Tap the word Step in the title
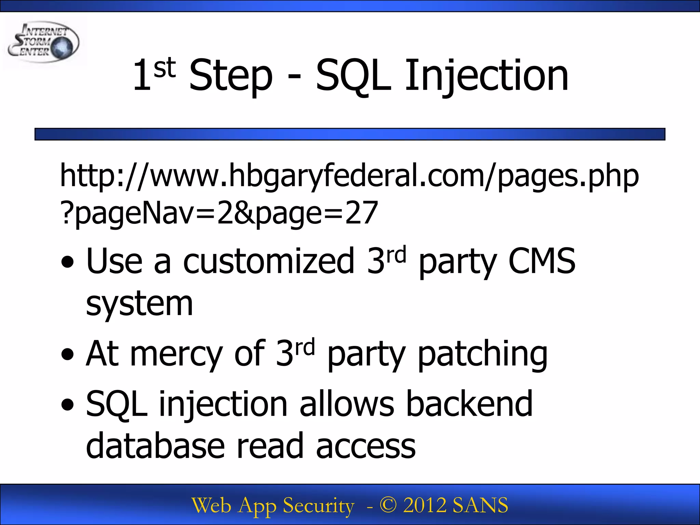[231, 76]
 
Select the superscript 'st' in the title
[164, 68]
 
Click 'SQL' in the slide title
[353, 76]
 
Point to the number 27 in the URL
[361, 213]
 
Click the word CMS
[542, 261]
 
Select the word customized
[269, 261]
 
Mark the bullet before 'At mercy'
[67, 354]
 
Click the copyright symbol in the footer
[388, 505]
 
